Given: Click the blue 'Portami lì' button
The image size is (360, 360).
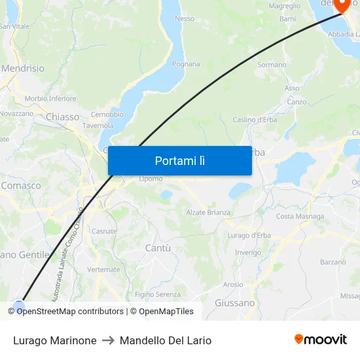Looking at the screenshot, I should pyautogui.click(x=179, y=160).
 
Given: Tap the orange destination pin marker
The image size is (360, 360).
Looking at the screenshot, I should pyautogui.click(x=342, y=5).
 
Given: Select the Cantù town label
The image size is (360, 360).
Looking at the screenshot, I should pyautogui.click(x=157, y=248).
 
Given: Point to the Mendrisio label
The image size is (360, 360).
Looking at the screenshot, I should pyautogui.click(x=23, y=68).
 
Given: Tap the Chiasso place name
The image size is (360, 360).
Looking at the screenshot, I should pyautogui.click(x=63, y=117).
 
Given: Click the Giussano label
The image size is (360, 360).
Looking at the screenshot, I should pyautogui.click(x=234, y=303).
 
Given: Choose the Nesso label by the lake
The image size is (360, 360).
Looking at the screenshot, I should pyautogui.click(x=185, y=19).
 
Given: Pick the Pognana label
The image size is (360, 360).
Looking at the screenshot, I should pyautogui.click(x=186, y=64).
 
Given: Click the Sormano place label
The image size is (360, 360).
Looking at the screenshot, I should pyautogui.click(x=272, y=65).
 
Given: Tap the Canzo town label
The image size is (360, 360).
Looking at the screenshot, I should pyautogui.click(x=297, y=101).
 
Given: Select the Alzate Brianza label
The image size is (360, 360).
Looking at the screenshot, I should pyautogui.click(x=208, y=212).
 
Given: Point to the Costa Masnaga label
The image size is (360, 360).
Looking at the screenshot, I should pyautogui.click(x=300, y=216).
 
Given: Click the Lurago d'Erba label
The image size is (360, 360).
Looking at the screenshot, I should pyautogui.click(x=249, y=236).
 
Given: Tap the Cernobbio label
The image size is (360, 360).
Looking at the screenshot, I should pyautogui.click(x=107, y=115).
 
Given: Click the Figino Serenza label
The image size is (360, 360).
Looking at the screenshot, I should pyautogui.click(x=158, y=295).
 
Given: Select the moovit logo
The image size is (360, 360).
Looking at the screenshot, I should pyautogui.click(x=321, y=339).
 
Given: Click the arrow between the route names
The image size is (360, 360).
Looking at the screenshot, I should pyautogui.click(x=108, y=340).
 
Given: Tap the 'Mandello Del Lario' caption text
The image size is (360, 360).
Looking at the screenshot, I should pyautogui.click(x=166, y=340).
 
